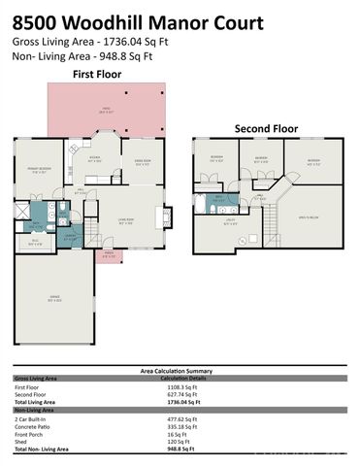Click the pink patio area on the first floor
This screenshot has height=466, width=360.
coord(107,110)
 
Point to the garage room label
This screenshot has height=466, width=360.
coord(52,301)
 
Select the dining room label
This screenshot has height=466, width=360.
coord(143,163)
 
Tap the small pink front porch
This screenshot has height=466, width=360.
coord(109,254)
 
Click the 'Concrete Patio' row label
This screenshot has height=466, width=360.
coord(31,426)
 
